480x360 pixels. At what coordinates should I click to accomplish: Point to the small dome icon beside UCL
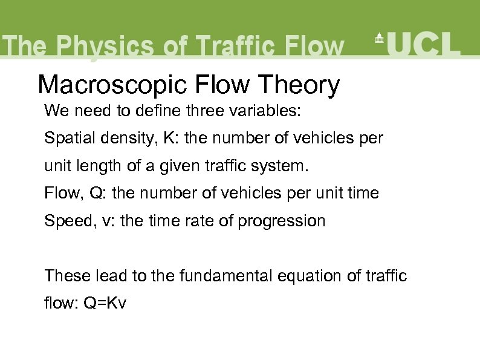[380, 38]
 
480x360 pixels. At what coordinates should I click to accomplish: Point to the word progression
[281, 221]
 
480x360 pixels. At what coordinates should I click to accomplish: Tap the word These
[68, 276]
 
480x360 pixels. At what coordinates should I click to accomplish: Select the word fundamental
[221, 276]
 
